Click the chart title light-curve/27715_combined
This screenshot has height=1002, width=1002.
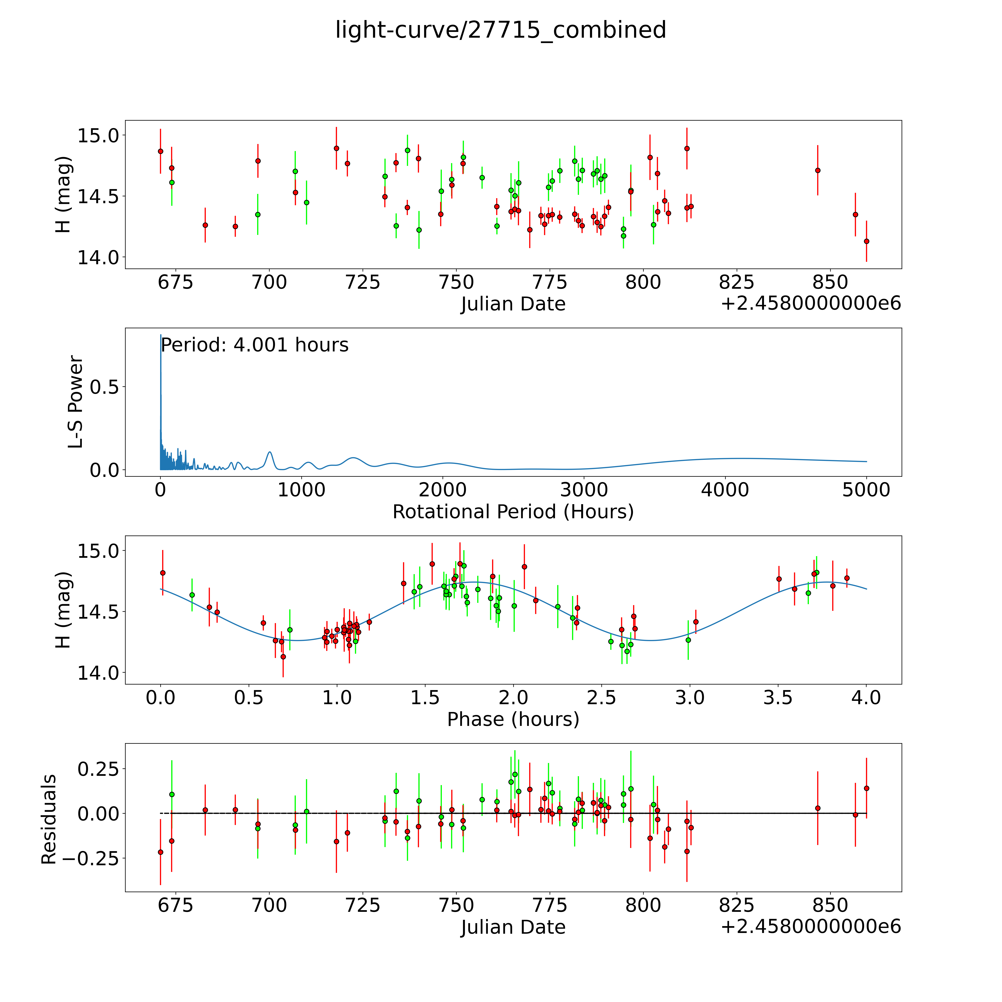[x=500, y=30]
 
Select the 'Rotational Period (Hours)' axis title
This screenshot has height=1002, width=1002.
[x=513, y=512]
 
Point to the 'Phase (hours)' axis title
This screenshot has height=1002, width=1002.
[x=513, y=719]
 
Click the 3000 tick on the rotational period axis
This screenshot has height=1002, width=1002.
[x=584, y=490]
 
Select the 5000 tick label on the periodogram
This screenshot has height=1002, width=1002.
[x=866, y=490]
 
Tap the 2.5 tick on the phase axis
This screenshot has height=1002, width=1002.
[x=602, y=698]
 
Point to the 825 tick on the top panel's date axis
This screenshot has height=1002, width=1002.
[x=736, y=283]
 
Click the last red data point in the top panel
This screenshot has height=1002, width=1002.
[x=866, y=241]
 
